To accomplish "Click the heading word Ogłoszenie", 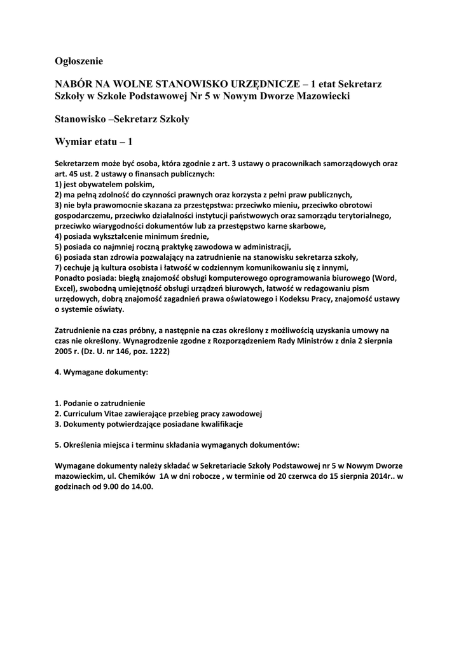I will coord(79,61).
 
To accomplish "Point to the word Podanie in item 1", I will coord(78,403).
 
